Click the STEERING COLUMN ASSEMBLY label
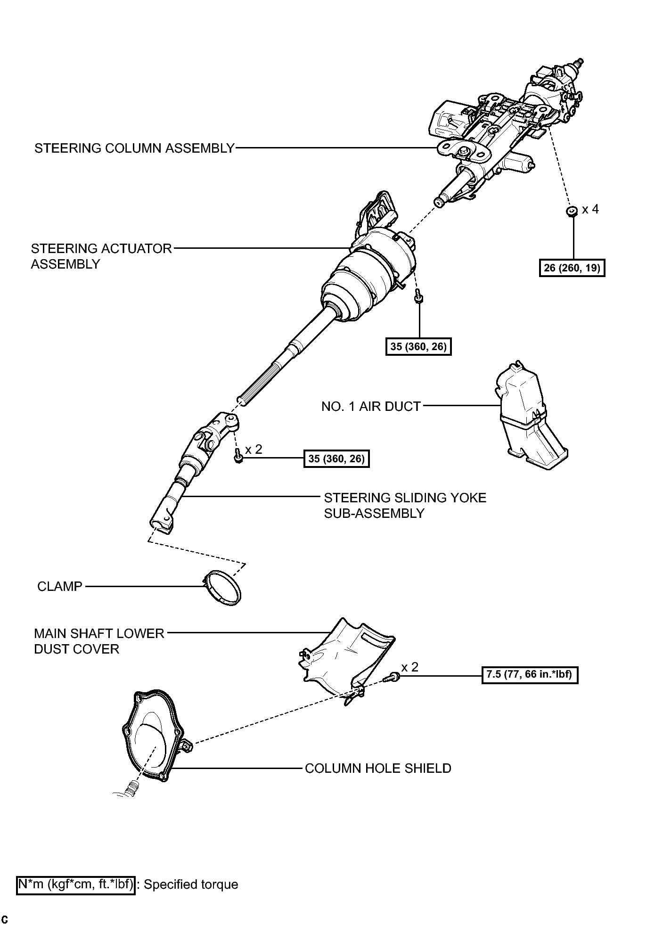tap(134, 148)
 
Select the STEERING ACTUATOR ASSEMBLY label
tap(101, 256)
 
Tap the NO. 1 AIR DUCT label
tap(371, 406)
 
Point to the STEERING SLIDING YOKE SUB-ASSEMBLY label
tap(405, 506)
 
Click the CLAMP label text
tap(60, 587)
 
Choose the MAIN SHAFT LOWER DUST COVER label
tap(99, 641)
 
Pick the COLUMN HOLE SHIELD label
tap(378, 769)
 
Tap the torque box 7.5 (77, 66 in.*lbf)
tap(530, 675)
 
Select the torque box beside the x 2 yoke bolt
tap(336, 458)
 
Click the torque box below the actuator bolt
tap(418, 347)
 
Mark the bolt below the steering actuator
tap(418, 297)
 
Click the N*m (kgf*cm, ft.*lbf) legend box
tap(76, 885)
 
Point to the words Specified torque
tap(191, 885)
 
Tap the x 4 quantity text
tap(590, 209)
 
